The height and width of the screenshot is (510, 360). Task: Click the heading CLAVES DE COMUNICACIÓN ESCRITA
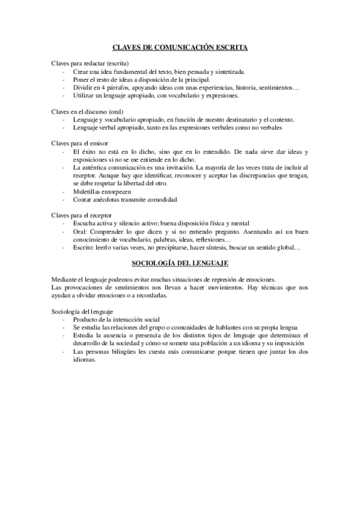coord(180,46)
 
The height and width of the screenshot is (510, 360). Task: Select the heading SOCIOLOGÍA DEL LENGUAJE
coord(180,263)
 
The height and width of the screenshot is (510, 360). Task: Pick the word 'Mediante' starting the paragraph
coord(65,279)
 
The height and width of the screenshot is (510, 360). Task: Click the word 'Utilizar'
coord(84,95)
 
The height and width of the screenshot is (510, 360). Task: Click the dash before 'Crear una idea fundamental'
coord(64,72)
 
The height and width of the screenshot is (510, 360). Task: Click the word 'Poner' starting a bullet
coord(81,79)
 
